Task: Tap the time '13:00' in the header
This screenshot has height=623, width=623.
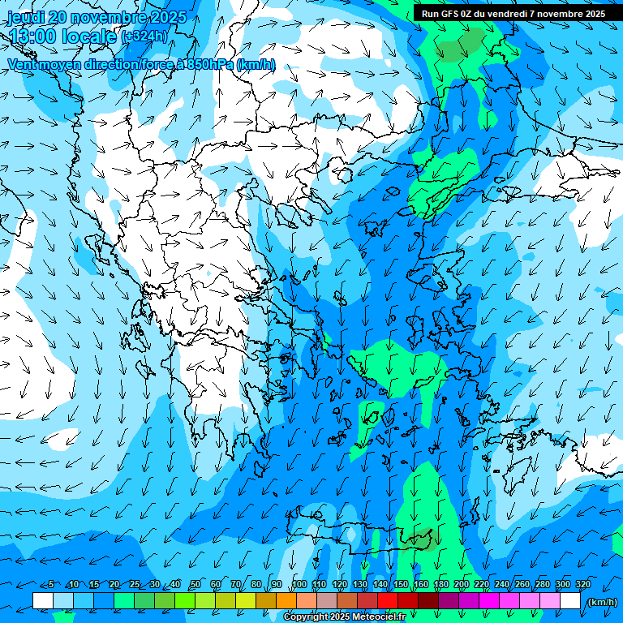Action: point(32,37)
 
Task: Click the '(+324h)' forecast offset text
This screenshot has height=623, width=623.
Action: point(144,37)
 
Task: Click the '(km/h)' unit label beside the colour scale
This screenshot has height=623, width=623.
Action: point(600,602)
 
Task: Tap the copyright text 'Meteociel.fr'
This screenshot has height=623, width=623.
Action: point(378,617)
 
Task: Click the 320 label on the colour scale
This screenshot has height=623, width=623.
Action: point(582,584)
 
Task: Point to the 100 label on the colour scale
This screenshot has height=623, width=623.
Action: point(299,584)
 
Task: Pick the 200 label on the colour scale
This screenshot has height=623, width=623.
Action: point(461,584)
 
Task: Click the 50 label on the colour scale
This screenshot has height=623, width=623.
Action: point(195,584)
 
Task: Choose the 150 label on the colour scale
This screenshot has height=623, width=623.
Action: point(400,584)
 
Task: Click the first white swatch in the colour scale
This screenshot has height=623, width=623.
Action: point(43,601)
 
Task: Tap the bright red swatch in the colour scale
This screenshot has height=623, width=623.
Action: point(388,601)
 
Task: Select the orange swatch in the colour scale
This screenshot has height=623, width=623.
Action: point(286,601)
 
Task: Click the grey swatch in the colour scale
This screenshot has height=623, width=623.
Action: point(327,601)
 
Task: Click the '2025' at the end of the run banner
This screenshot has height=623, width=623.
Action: point(595,14)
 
